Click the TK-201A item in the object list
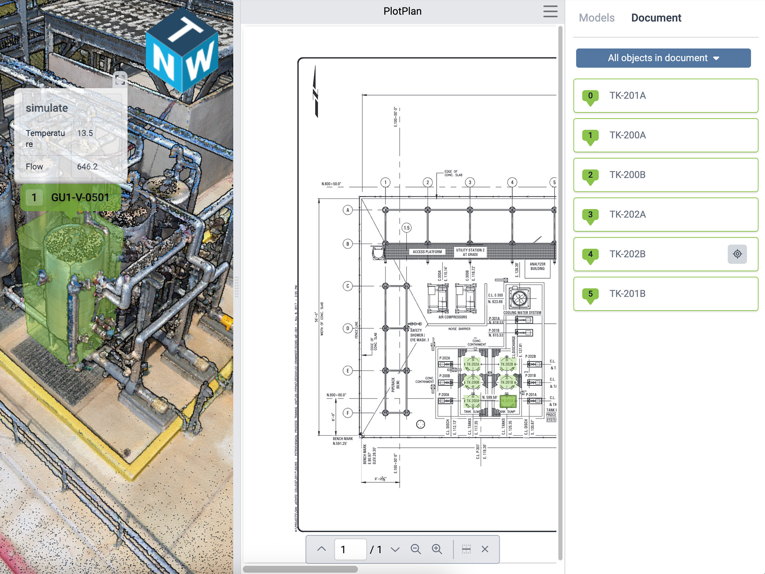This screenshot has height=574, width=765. [x=665, y=96]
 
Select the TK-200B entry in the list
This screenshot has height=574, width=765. [x=665, y=175]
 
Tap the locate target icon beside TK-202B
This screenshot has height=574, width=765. [x=737, y=254]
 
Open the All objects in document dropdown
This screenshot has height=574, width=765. [x=663, y=58]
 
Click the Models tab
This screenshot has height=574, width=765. [x=596, y=18]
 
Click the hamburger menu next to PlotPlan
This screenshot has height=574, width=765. [x=550, y=11]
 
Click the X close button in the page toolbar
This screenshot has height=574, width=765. [x=485, y=549]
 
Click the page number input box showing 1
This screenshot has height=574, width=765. [x=350, y=550]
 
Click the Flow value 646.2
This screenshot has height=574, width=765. [x=87, y=167]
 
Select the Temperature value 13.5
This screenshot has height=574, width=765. [x=85, y=133]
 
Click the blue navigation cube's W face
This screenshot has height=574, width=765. [x=199, y=62]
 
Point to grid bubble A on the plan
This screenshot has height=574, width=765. [x=348, y=210]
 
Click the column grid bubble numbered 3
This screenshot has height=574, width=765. [x=470, y=183]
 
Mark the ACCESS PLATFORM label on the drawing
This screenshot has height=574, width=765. [x=427, y=252]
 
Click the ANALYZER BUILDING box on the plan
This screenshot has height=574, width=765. [x=537, y=267]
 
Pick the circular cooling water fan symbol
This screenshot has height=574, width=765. [x=519, y=298]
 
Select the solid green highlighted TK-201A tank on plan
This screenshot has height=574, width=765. [x=508, y=401]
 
